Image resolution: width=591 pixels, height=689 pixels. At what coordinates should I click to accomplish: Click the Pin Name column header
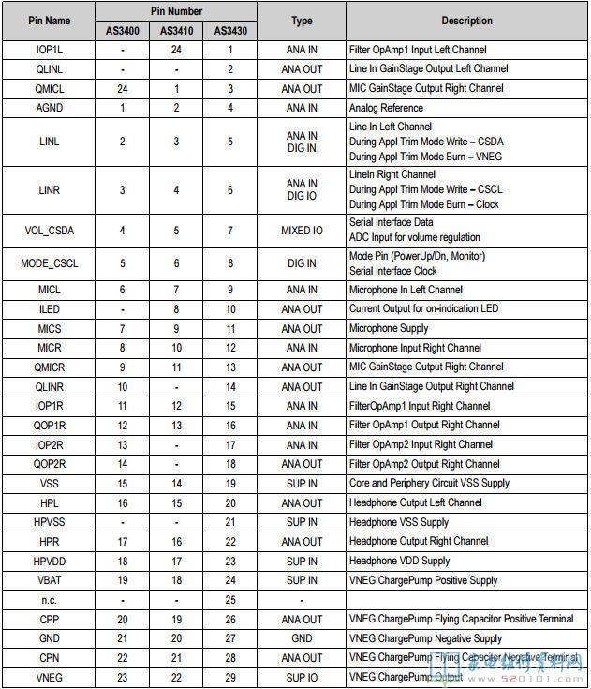click(49, 21)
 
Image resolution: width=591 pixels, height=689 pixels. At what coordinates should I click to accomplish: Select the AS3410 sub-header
click(176, 30)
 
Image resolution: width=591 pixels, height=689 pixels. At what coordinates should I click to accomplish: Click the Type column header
click(302, 21)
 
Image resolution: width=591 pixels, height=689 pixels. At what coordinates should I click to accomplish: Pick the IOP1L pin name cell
click(49, 50)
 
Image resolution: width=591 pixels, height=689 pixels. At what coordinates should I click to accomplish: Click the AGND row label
click(49, 108)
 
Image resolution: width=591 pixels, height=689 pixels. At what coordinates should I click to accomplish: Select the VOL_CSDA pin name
click(49, 230)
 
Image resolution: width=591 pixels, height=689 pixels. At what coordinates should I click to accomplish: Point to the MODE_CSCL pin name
click(49, 263)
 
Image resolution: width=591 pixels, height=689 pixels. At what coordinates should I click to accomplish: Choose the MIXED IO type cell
click(302, 230)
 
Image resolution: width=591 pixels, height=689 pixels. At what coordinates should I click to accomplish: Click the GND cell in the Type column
click(302, 638)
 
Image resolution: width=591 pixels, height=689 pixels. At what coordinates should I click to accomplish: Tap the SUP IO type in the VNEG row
click(302, 677)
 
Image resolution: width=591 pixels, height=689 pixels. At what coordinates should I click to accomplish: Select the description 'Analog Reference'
click(386, 108)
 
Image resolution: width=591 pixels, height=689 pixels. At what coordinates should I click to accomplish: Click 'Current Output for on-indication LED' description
click(423, 309)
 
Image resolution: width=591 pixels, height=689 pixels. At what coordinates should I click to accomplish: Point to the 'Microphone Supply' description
click(389, 328)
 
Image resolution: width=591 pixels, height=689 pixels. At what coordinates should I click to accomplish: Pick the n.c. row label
click(49, 600)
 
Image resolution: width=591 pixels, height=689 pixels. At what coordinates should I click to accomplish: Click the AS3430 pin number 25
click(230, 600)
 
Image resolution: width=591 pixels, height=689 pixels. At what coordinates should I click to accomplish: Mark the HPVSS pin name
click(49, 522)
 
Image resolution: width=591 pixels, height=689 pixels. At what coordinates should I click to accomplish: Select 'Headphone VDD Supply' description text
click(399, 561)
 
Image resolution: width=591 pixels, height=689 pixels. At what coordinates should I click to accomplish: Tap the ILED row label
click(49, 309)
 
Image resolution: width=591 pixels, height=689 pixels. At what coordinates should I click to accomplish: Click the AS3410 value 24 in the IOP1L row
click(176, 50)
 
